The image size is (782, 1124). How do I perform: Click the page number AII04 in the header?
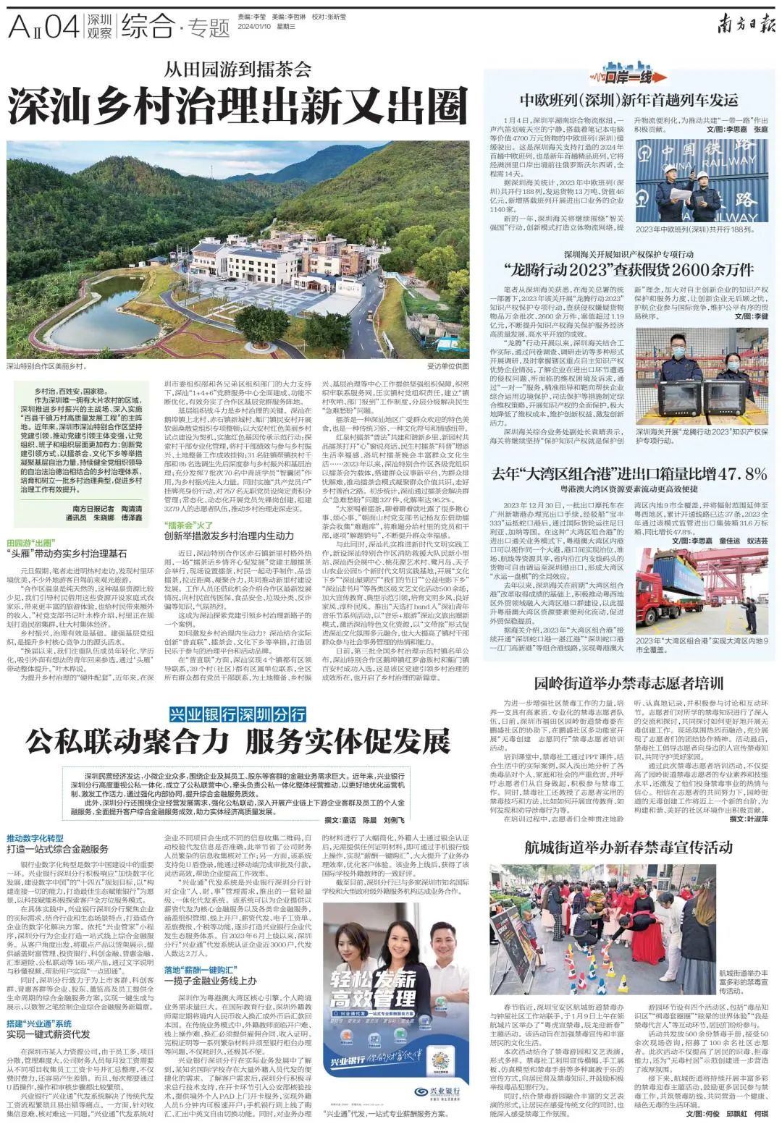[x=42, y=28]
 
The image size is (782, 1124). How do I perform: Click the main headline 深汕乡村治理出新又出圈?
[x=237, y=107]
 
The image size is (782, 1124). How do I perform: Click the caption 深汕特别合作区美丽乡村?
[x=48, y=366]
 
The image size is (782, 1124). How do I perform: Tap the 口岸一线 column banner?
[x=628, y=75]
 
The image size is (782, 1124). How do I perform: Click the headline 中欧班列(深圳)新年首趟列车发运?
[x=628, y=100]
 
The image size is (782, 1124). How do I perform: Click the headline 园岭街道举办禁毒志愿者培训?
[x=628, y=683]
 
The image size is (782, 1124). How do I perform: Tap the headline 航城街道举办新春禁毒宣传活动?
[x=628, y=847]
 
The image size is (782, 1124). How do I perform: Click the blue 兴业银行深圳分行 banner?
[x=237, y=714]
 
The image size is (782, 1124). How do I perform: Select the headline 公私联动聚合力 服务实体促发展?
[x=237, y=741]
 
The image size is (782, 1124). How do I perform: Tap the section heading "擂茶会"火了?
[x=188, y=524]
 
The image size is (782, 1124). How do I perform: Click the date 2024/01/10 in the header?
[x=256, y=28]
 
